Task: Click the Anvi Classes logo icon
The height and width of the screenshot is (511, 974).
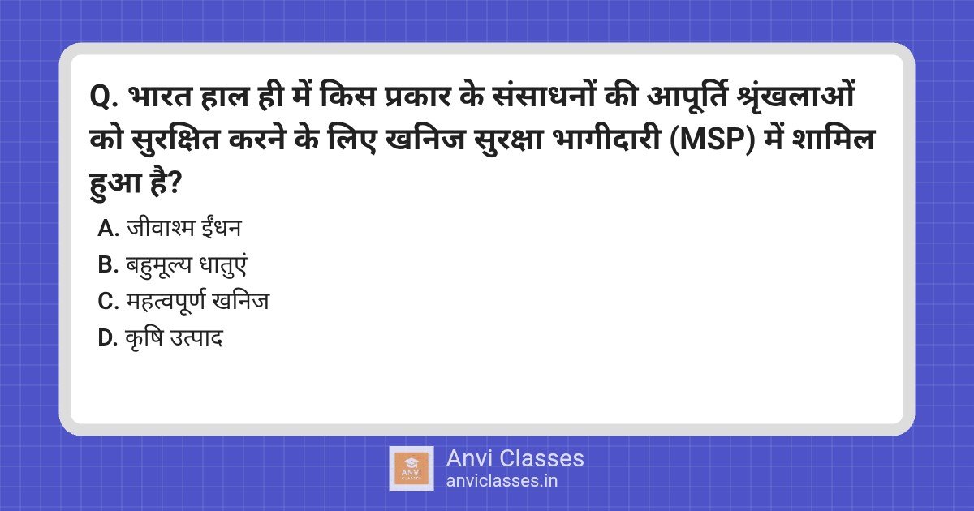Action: click(412, 468)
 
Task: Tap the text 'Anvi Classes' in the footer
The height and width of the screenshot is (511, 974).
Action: click(515, 458)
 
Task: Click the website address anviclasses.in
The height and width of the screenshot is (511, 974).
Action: click(502, 480)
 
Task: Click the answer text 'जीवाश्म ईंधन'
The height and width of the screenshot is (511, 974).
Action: click(183, 229)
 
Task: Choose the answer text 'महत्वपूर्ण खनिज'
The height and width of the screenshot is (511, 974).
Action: click(197, 302)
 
